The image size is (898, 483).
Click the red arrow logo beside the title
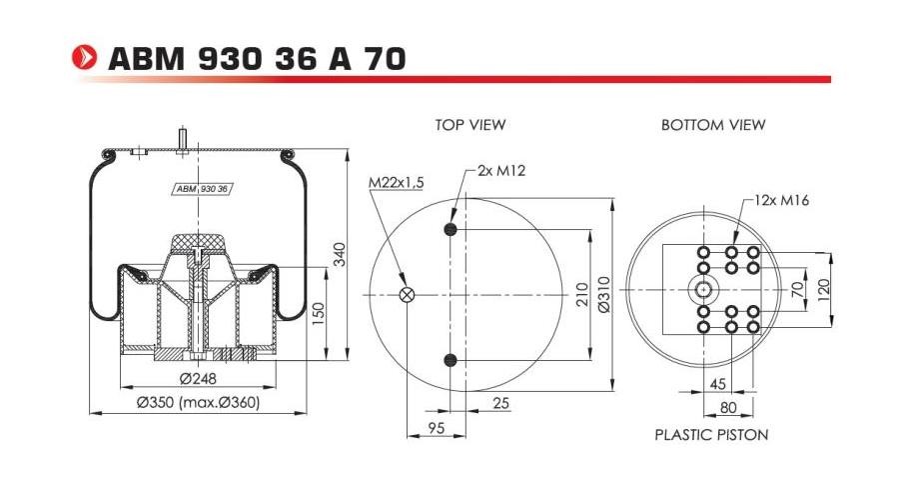(x=87, y=58)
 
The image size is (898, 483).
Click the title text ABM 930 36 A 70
(x=256, y=59)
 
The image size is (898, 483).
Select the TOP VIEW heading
(x=469, y=125)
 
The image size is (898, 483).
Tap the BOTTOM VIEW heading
(x=712, y=125)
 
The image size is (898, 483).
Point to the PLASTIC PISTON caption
(x=711, y=435)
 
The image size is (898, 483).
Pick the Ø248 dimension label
(x=199, y=378)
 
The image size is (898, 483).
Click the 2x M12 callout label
(x=501, y=170)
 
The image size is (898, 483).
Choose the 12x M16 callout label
(x=781, y=200)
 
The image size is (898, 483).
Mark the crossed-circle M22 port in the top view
(x=407, y=294)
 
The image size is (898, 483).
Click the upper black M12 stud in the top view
(x=450, y=231)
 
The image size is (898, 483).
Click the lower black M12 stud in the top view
(x=450, y=360)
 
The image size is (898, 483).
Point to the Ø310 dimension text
(x=603, y=295)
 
